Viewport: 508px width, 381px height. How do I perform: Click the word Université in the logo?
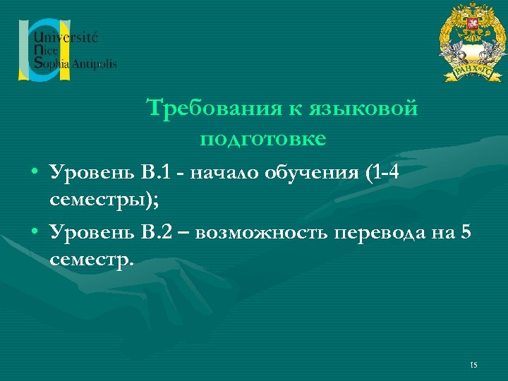67,36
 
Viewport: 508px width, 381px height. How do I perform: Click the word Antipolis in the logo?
94,64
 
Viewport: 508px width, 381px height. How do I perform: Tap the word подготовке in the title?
262,138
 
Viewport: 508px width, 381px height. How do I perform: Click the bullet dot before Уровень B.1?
34,174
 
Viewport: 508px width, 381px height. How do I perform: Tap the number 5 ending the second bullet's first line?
464,232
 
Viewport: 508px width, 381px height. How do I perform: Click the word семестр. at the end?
91,261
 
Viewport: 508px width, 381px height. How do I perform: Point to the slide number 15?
473,365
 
